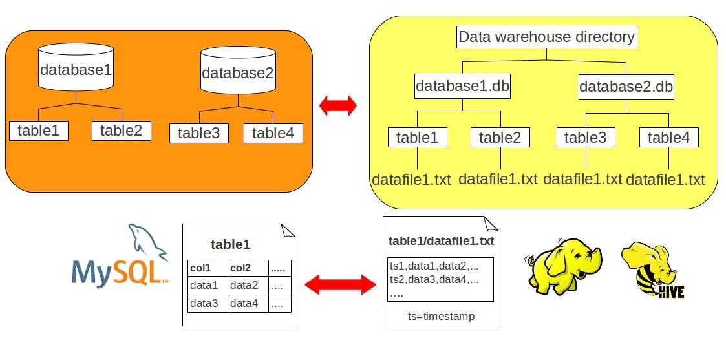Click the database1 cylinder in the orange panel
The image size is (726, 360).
[x=76, y=69]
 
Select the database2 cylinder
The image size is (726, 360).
[x=238, y=72]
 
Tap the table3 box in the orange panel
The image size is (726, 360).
[x=199, y=133]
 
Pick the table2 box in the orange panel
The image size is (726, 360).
[x=121, y=131]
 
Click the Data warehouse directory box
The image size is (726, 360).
[x=546, y=37]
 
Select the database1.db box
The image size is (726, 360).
[x=462, y=86]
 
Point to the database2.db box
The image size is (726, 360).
[x=626, y=86]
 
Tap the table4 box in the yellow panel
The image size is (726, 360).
[x=668, y=137]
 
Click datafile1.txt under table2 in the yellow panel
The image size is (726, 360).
[x=498, y=179]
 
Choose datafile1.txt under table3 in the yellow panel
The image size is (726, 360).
[x=582, y=179]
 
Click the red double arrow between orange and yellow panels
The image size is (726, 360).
[x=338, y=105]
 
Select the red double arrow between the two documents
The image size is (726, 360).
[x=340, y=284]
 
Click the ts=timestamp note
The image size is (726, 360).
[x=440, y=317]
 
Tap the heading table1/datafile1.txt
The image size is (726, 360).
[x=441, y=241]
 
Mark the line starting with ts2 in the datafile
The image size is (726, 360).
[x=434, y=280]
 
